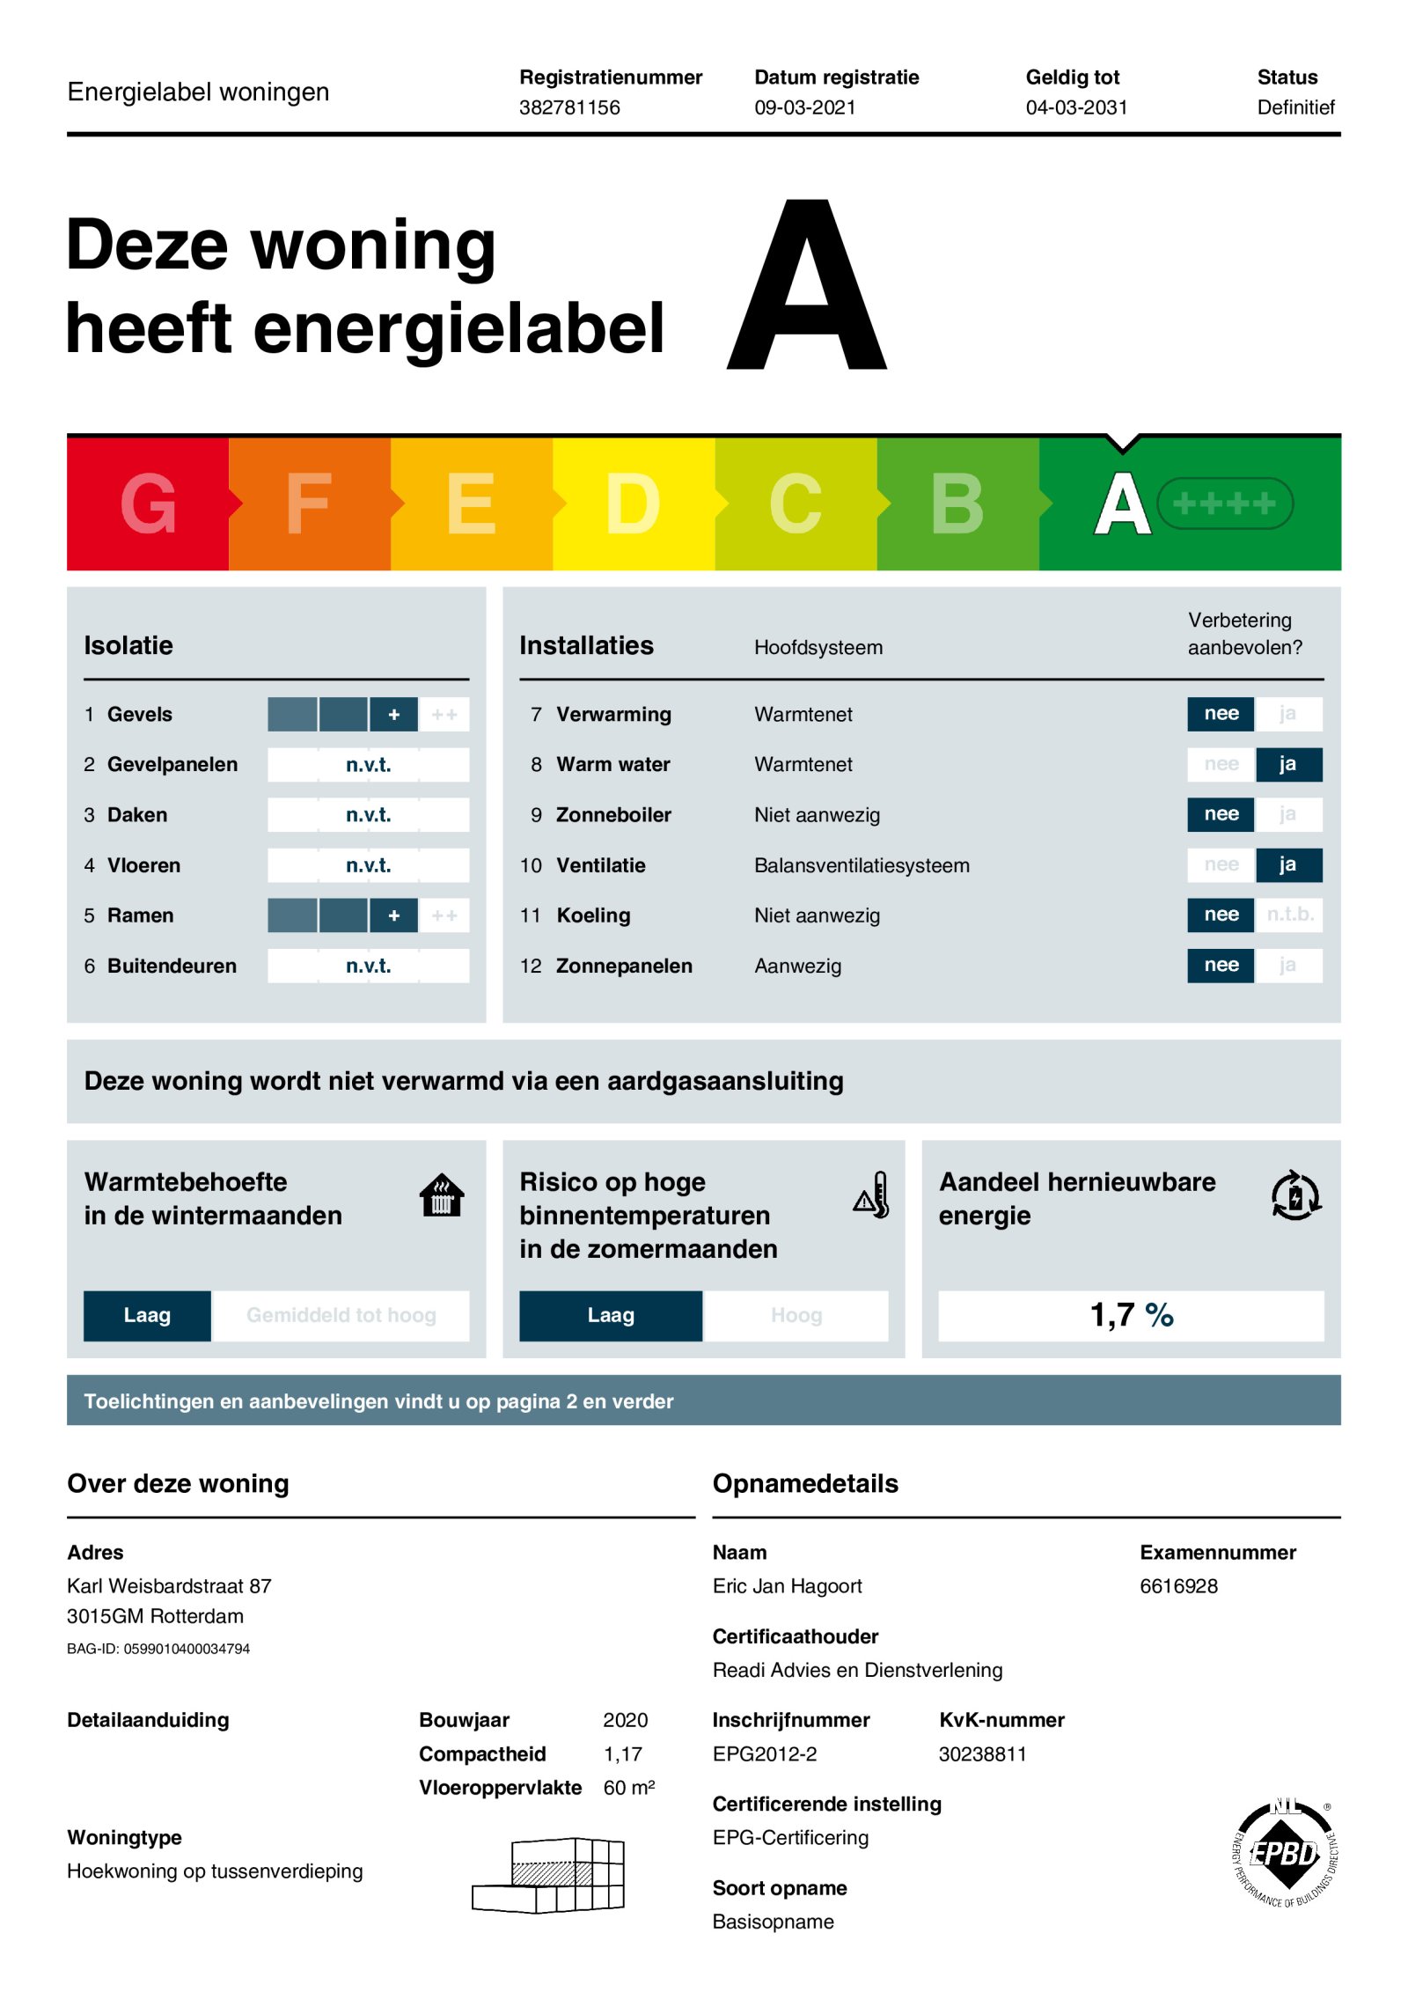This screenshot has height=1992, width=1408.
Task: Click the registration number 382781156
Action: coord(569,107)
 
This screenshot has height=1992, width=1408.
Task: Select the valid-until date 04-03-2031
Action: coord(1076,107)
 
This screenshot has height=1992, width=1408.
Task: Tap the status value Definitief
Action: coord(1295,107)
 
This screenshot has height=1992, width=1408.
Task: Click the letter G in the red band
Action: coord(149,504)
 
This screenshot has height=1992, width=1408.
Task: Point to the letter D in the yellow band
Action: coord(633,504)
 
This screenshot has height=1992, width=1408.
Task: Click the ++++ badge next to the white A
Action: coord(1224,504)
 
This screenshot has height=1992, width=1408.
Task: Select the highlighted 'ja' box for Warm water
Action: coord(1287,764)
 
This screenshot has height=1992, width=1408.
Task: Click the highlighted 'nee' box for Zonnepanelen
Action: coord(1221,965)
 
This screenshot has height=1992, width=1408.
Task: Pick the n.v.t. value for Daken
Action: coord(368,815)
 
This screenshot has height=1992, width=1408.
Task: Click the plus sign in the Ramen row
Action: coord(393,915)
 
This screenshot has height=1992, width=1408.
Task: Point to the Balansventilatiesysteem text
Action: coord(862,865)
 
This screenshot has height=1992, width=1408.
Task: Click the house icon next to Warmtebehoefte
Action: coord(442,1195)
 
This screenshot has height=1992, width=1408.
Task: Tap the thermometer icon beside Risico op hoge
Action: coord(872,1195)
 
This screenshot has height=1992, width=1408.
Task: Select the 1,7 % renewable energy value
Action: coord(1131,1315)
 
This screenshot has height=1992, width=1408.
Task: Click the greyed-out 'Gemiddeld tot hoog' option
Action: coord(341,1315)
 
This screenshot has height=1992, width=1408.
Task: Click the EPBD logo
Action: coord(1286,1854)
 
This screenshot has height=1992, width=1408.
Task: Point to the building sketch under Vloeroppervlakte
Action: coord(549,1875)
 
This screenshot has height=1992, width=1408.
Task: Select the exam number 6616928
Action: coord(1178,1586)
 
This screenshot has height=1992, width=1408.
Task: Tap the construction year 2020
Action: coord(625,1720)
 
